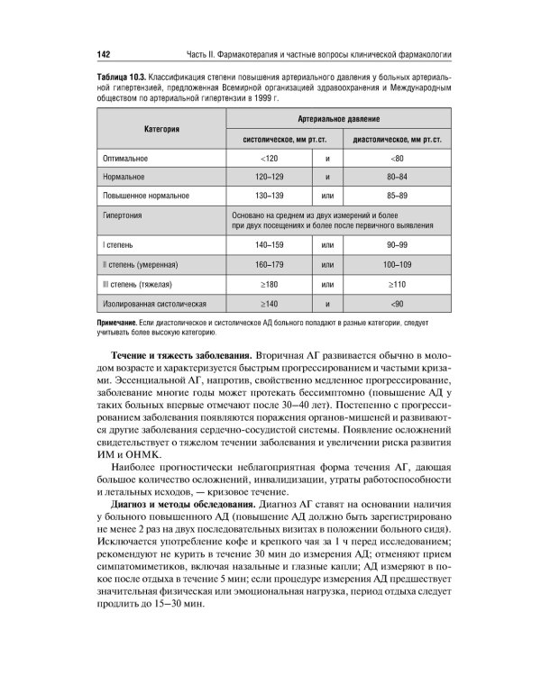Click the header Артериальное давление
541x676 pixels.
click(338, 119)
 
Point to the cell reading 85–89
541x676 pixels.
click(397, 196)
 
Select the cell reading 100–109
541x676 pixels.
click(397, 265)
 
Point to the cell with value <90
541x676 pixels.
click(397, 305)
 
